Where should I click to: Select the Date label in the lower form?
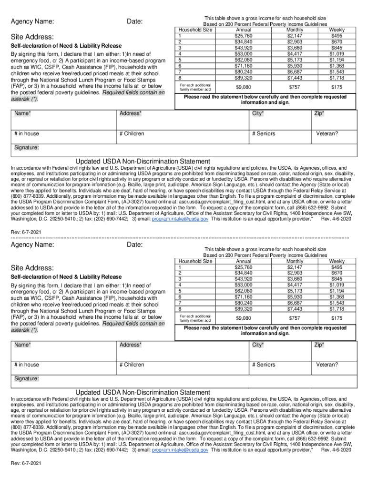[x=135, y=244]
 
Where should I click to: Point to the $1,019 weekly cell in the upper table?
[x=336, y=54]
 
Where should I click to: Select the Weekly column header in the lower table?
[x=336, y=261]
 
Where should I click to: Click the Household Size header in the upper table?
[x=195, y=30]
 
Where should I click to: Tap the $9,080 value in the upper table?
[x=244, y=87]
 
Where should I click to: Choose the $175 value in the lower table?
[x=336, y=318]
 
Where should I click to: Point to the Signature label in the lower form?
[x=26, y=379]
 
